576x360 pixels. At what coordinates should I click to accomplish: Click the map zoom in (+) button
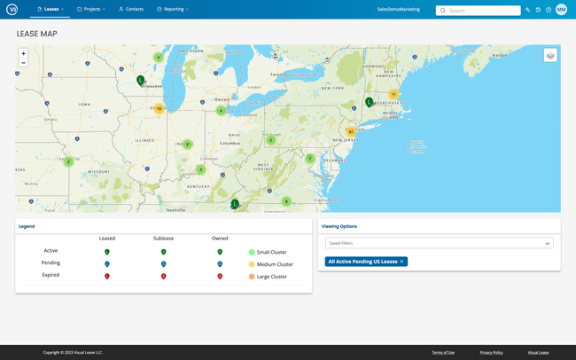point(23,53)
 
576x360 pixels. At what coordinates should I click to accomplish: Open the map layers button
point(550,55)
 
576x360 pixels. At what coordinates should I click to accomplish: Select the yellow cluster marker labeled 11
point(393,94)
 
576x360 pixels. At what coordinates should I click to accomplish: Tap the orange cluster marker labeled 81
point(351,132)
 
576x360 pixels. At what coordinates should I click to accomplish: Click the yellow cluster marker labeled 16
point(159,109)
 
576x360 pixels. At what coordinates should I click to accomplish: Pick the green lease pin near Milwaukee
point(140,80)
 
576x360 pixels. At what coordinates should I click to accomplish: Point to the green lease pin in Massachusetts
point(369,102)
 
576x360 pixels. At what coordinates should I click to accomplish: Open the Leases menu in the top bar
point(51,9)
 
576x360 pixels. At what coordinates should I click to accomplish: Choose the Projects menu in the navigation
point(90,9)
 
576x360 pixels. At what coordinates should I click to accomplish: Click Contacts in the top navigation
point(131,9)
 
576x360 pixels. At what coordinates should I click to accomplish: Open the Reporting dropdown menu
point(172,9)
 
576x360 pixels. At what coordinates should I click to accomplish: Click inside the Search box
point(483,11)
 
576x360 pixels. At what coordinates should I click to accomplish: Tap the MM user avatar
point(561,10)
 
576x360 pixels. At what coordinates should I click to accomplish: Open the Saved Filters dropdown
point(440,243)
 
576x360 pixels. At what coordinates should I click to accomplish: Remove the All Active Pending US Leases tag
point(401,262)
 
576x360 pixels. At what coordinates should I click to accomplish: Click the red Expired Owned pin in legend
point(220,276)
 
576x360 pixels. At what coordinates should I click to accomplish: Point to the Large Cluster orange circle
point(252,276)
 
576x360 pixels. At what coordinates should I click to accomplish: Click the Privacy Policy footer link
point(491,352)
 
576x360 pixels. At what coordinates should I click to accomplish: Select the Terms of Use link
point(443,352)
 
